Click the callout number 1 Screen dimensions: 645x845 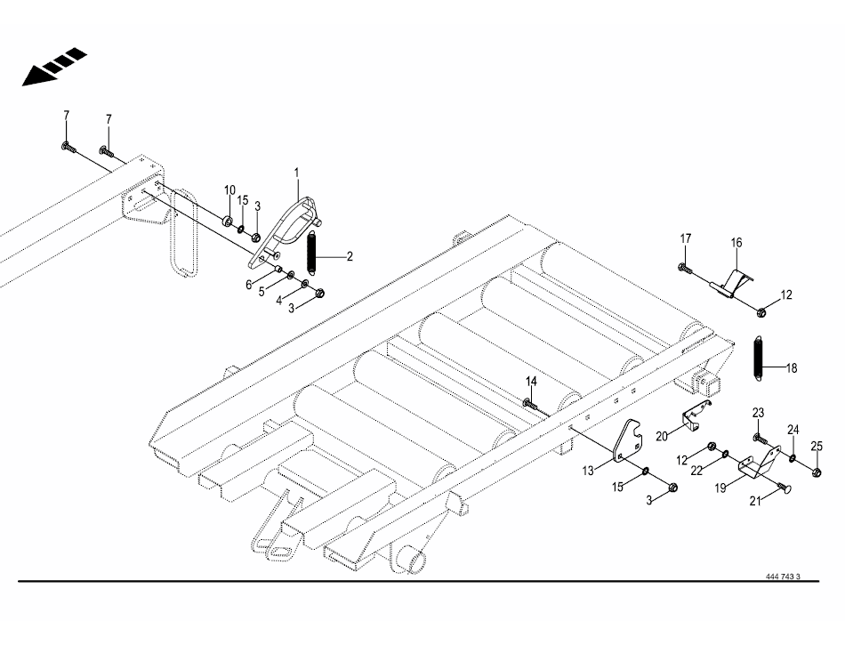(x=296, y=171)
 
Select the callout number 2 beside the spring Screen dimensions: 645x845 (x=350, y=256)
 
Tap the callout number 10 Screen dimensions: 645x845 (x=229, y=190)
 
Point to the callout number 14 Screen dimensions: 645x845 (x=531, y=382)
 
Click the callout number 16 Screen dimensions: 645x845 (x=736, y=243)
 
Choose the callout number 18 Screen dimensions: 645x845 (x=792, y=367)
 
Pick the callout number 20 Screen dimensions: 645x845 (x=662, y=436)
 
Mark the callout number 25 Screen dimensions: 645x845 (x=817, y=446)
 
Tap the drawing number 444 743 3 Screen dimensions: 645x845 (x=783, y=576)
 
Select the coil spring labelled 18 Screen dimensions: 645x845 (x=759, y=359)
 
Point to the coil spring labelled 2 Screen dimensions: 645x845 (x=313, y=254)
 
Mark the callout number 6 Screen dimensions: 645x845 (x=250, y=284)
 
